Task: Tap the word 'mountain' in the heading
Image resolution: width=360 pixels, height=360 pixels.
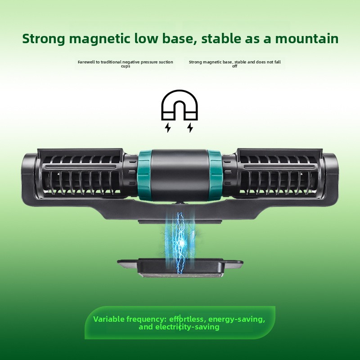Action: coord(307,39)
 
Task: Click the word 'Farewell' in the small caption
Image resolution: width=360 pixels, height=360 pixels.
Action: coord(85,62)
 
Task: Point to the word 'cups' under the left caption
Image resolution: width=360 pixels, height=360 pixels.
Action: coord(126,66)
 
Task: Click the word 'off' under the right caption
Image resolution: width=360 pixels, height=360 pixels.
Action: coord(234,66)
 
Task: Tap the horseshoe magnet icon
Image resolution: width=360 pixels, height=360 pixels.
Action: coord(179,105)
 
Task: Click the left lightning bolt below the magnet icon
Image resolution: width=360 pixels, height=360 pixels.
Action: coord(168,128)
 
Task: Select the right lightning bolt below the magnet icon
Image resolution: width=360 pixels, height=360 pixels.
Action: coord(190,128)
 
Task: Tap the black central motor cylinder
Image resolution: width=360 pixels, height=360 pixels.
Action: coord(180,175)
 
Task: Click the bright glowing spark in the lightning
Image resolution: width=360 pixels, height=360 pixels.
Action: coord(182,242)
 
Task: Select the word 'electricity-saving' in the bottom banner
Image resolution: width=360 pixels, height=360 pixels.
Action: coord(187,327)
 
